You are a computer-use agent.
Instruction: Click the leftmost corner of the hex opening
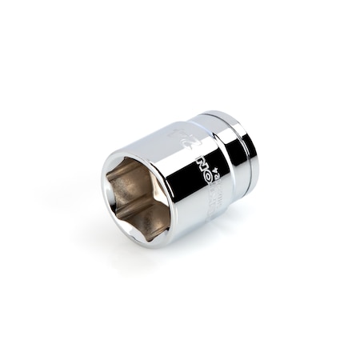coord(110,192)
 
